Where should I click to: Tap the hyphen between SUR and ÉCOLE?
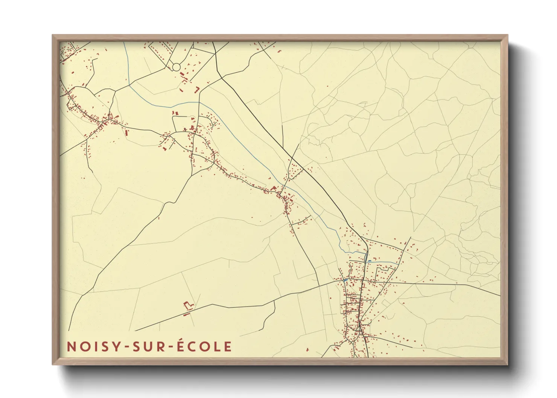pos(168,347)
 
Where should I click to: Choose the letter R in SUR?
pos(158,346)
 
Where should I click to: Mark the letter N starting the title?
pos(71,346)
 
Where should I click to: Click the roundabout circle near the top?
pos(176,67)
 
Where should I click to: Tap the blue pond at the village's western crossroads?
pos(345,280)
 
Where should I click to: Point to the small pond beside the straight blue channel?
pos(370,261)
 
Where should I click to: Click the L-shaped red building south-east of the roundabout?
pos(196,90)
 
